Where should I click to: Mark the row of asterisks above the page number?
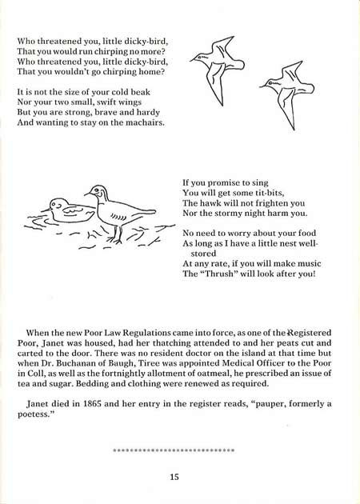click(x=174, y=450)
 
